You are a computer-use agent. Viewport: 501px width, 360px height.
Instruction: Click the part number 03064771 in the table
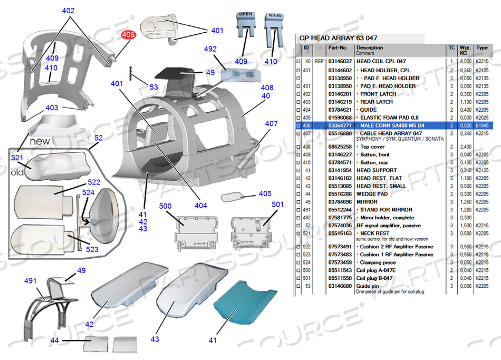coord(340,125)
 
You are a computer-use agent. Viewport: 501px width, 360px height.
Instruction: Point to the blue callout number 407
coord(271,123)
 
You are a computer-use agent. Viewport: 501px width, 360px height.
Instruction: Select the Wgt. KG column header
coord(464,50)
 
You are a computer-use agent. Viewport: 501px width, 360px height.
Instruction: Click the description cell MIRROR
coord(368,202)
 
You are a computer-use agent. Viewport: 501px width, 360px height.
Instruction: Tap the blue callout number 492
coord(210,49)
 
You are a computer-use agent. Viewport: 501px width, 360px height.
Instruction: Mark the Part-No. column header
coord(338,47)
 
